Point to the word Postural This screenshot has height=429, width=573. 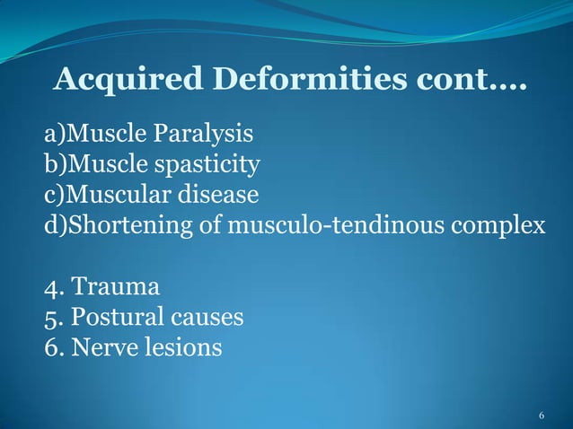pos(116,318)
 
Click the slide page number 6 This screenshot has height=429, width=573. pos(542,416)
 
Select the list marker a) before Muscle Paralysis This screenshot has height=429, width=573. pos(56,136)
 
